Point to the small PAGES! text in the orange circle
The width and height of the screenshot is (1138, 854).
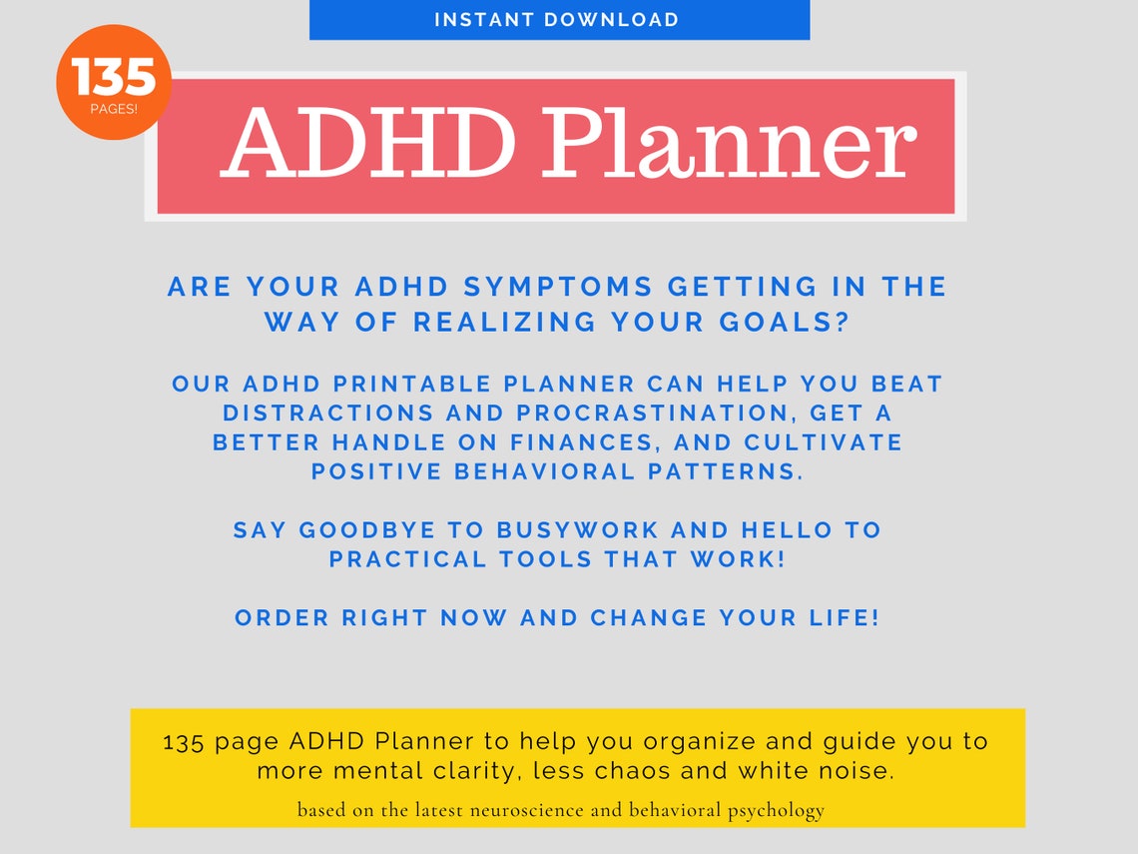tap(114, 109)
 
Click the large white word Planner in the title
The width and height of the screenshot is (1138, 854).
tap(727, 146)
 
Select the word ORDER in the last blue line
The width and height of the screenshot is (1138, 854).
tap(283, 618)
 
